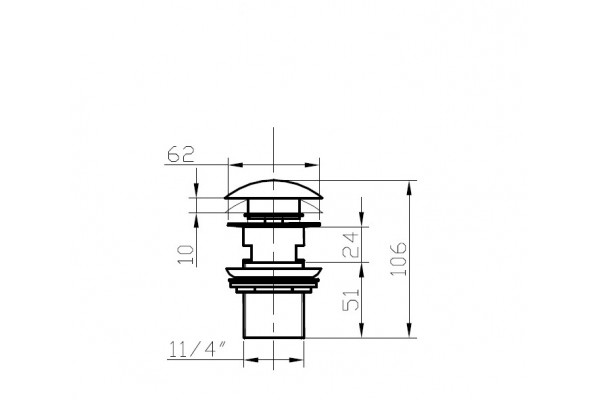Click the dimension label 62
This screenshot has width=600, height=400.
point(181,154)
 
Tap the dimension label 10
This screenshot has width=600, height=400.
point(186,255)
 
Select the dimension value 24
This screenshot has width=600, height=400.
point(351,244)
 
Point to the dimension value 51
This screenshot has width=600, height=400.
point(351,299)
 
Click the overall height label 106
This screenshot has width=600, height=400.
point(398,258)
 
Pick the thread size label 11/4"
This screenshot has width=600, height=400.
point(197,349)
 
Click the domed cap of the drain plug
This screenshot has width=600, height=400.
point(274,190)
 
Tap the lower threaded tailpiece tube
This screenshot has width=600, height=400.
point(274,316)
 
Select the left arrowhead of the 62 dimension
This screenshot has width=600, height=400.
point(236,165)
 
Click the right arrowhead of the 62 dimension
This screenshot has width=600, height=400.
point(312,165)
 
